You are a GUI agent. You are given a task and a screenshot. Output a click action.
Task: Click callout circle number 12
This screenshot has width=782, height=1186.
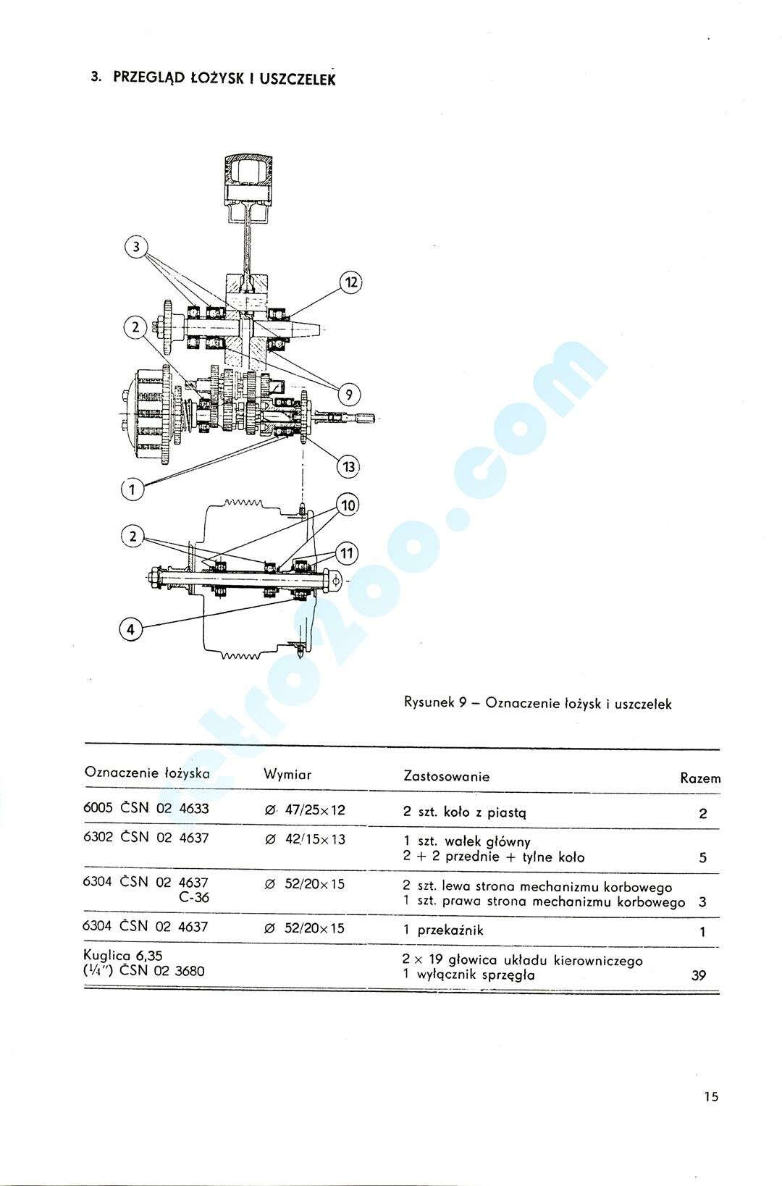[350, 282]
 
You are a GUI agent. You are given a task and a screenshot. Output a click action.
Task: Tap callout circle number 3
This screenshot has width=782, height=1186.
[135, 247]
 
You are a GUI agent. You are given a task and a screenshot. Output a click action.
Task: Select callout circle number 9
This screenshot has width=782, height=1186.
[349, 395]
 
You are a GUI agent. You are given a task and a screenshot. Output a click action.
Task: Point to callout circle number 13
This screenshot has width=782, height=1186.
[349, 466]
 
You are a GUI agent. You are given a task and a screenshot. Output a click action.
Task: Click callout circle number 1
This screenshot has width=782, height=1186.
[132, 489]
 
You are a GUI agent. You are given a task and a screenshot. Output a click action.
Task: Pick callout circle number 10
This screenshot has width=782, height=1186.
[348, 505]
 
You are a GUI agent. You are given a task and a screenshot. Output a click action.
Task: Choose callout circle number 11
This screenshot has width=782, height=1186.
[348, 554]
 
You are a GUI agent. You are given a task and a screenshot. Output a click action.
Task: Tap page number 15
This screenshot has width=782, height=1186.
[710, 1096]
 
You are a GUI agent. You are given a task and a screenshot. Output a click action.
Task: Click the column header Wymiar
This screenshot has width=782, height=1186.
[287, 774]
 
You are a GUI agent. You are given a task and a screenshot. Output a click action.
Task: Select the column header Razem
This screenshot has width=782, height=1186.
[700, 778]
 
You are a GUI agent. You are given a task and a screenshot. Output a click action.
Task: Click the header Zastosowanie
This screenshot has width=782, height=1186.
[446, 776]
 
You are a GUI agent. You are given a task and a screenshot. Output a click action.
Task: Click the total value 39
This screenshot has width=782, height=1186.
[698, 975]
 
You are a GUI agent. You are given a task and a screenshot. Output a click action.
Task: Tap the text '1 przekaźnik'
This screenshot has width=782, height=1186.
[443, 930]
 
